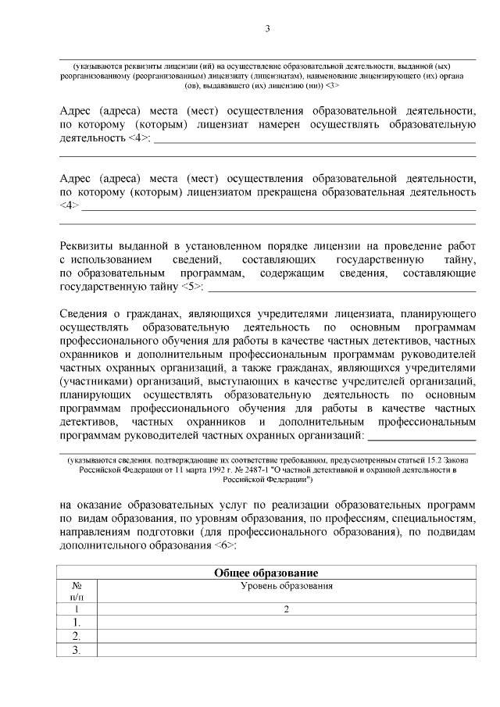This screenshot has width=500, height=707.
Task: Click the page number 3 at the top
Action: (x=267, y=29)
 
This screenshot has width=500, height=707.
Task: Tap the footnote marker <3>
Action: (x=331, y=85)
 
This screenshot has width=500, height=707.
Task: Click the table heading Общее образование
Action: (x=266, y=573)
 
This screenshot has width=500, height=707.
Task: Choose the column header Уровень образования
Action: (x=286, y=585)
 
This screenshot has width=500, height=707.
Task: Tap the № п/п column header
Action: (x=77, y=591)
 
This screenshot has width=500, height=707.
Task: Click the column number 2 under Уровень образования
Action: (x=286, y=609)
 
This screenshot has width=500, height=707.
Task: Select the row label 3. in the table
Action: (x=77, y=650)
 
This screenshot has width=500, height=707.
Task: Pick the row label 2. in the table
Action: (x=77, y=636)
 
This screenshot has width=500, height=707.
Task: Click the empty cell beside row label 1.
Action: (x=286, y=622)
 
